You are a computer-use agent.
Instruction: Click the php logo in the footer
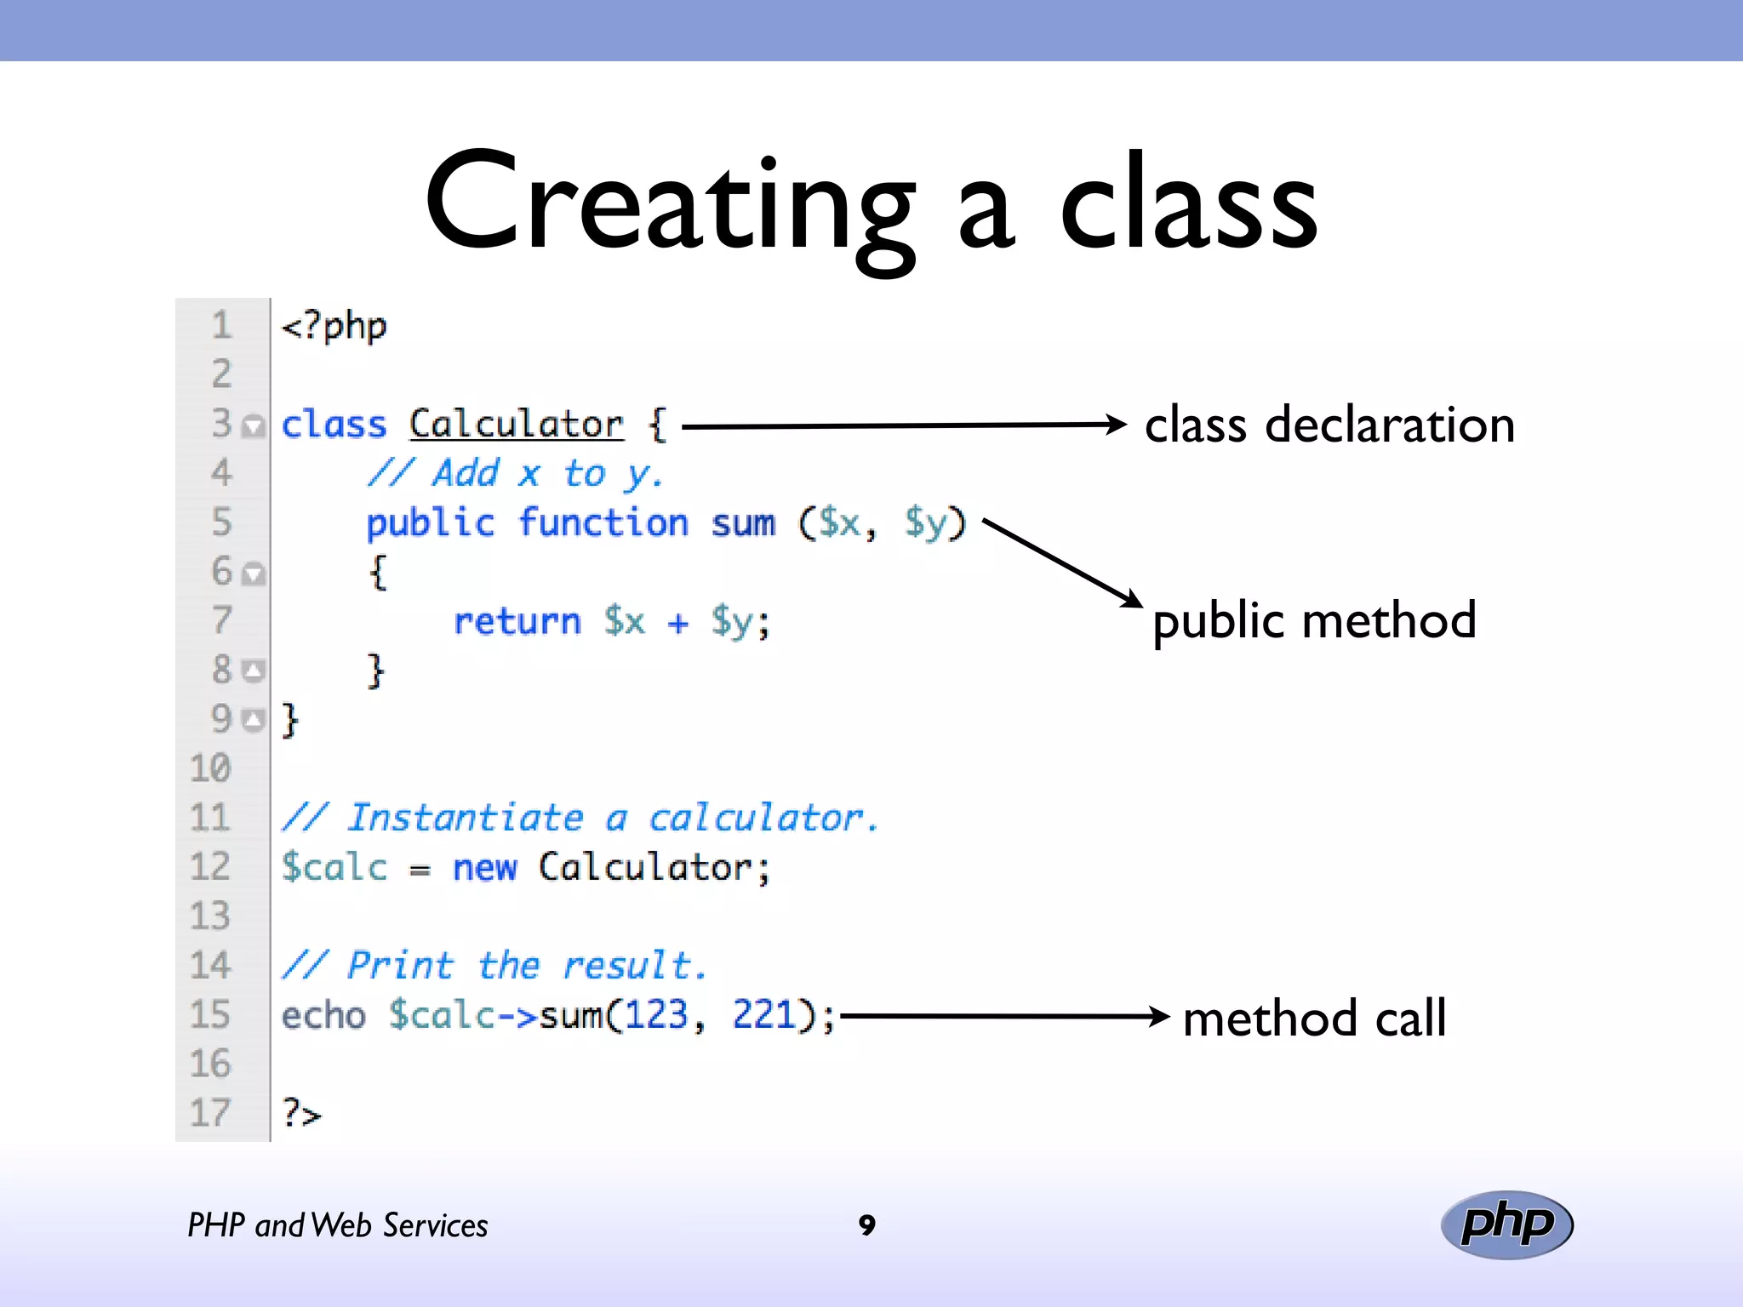coord(1506,1224)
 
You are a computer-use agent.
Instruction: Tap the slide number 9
coord(866,1224)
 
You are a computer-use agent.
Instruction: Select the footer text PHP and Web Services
coord(337,1225)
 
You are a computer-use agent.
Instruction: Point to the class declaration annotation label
coord(1329,425)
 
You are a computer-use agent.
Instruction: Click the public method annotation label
coord(1313,620)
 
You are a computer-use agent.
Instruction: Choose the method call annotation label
coord(1314,1018)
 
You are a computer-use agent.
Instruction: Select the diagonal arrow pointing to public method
coord(1062,562)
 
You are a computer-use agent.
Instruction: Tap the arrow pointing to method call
coord(1004,1016)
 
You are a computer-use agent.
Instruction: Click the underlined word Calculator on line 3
coord(516,424)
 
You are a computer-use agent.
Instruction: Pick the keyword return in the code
coord(517,621)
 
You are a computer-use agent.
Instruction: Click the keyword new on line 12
coord(484,868)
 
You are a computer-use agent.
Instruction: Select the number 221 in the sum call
coord(763,1014)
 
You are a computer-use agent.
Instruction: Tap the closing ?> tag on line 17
coord(301,1113)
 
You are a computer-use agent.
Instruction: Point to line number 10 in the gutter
coord(210,768)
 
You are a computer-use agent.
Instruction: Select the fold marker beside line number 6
coord(253,574)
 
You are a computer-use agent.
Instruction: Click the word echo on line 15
coord(323,1015)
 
